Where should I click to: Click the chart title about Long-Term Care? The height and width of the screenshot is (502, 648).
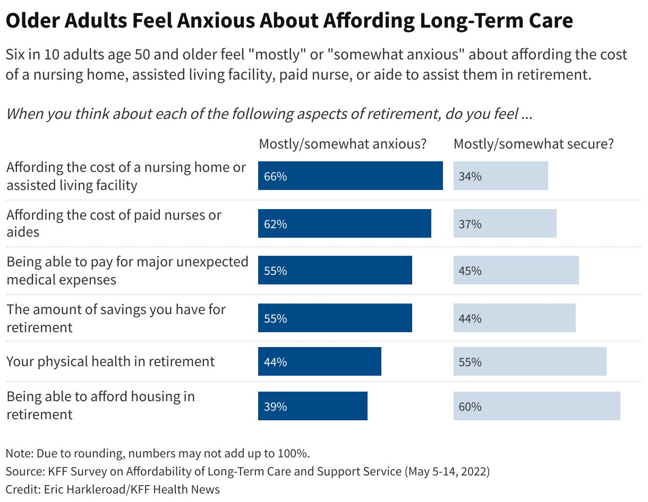289,21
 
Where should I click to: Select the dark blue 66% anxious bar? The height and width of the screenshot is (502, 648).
350,176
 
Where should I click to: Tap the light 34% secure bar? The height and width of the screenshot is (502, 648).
500,176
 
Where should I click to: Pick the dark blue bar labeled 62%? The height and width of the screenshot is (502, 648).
344,224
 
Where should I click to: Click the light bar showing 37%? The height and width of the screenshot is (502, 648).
505,224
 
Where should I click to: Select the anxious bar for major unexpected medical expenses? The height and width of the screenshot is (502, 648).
335,271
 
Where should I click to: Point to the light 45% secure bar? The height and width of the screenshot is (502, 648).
516,271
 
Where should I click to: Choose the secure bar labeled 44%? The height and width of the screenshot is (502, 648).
514,318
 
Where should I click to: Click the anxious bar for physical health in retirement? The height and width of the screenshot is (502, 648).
319,362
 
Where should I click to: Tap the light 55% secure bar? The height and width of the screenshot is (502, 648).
530,362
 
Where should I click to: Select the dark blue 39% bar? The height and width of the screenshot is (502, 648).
312,406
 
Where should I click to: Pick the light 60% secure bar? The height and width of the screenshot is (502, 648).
536,406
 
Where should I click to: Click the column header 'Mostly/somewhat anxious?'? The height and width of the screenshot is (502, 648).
343,144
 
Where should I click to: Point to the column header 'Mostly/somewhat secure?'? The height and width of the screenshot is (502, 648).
533,144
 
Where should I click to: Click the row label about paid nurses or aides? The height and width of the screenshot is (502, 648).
114,223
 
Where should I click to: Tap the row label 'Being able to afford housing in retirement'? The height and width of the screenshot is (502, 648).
100,405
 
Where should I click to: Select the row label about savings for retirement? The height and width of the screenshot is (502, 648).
116,318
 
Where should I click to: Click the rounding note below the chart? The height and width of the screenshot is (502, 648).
157,454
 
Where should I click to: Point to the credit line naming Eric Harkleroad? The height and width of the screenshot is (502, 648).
113,489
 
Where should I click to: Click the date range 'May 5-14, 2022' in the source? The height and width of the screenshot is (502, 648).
447,471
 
